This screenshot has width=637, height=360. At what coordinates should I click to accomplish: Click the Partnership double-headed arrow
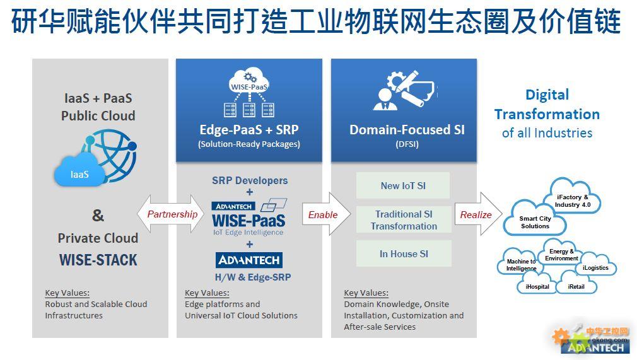click(x=170, y=214)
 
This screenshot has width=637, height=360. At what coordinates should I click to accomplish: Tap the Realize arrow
click(x=478, y=214)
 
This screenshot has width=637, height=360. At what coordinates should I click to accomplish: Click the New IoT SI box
click(x=403, y=186)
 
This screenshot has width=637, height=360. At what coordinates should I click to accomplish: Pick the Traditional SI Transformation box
click(x=404, y=220)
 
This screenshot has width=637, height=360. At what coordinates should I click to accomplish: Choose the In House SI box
click(x=404, y=253)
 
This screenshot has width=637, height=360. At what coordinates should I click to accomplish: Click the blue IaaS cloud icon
click(x=79, y=171)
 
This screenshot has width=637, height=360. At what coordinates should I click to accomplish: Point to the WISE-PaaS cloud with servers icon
click(x=249, y=93)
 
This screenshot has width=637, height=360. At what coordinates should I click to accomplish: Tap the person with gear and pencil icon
click(x=404, y=90)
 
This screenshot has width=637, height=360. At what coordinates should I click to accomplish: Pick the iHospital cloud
click(x=537, y=284)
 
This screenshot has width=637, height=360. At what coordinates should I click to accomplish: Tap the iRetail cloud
click(x=576, y=284)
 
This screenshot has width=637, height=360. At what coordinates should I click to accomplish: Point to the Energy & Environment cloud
click(x=561, y=253)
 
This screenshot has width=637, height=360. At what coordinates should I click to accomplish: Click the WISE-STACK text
click(x=98, y=260)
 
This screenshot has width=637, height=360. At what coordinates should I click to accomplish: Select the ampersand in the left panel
click(x=98, y=215)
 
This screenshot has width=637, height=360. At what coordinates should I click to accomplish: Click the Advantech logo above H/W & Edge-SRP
click(x=249, y=260)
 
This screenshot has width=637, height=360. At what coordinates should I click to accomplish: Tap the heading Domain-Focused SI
click(x=407, y=130)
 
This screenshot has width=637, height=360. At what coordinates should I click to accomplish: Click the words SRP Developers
click(x=250, y=180)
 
